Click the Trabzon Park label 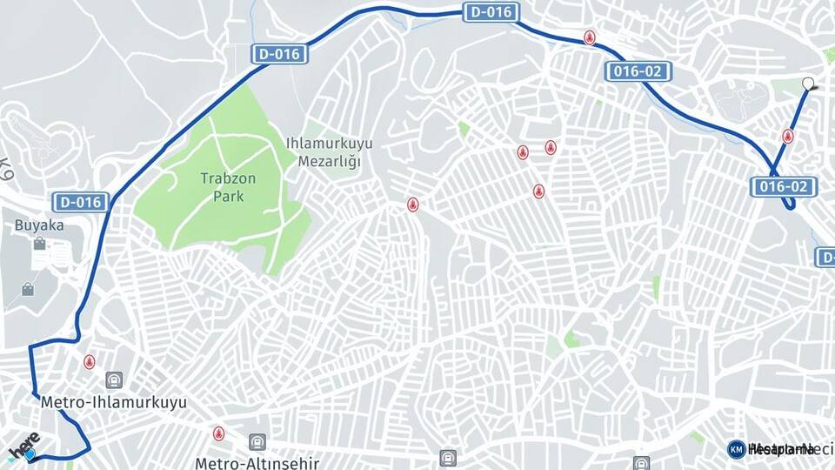click(229, 186)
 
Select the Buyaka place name click(39, 225)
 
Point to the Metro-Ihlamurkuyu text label click(113, 403)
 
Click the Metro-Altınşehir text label click(257, 463)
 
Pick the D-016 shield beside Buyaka click(82, 203)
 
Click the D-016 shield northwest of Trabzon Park click(279, 54)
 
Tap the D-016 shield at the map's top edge click(491, 12)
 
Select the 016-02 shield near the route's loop click(784, 186)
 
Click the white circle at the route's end click(808, 84)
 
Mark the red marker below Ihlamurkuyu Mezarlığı click(412, 205)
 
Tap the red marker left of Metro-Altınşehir click(218, 433)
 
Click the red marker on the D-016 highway click(590, 39)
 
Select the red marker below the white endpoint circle click(787, 137)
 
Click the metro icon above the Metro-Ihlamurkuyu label click(113, 380)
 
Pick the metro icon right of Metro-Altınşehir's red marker click(257, 442)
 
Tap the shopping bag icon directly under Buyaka click(39, 245)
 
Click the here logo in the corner click(23, 446)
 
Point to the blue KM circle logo click(736, 449)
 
